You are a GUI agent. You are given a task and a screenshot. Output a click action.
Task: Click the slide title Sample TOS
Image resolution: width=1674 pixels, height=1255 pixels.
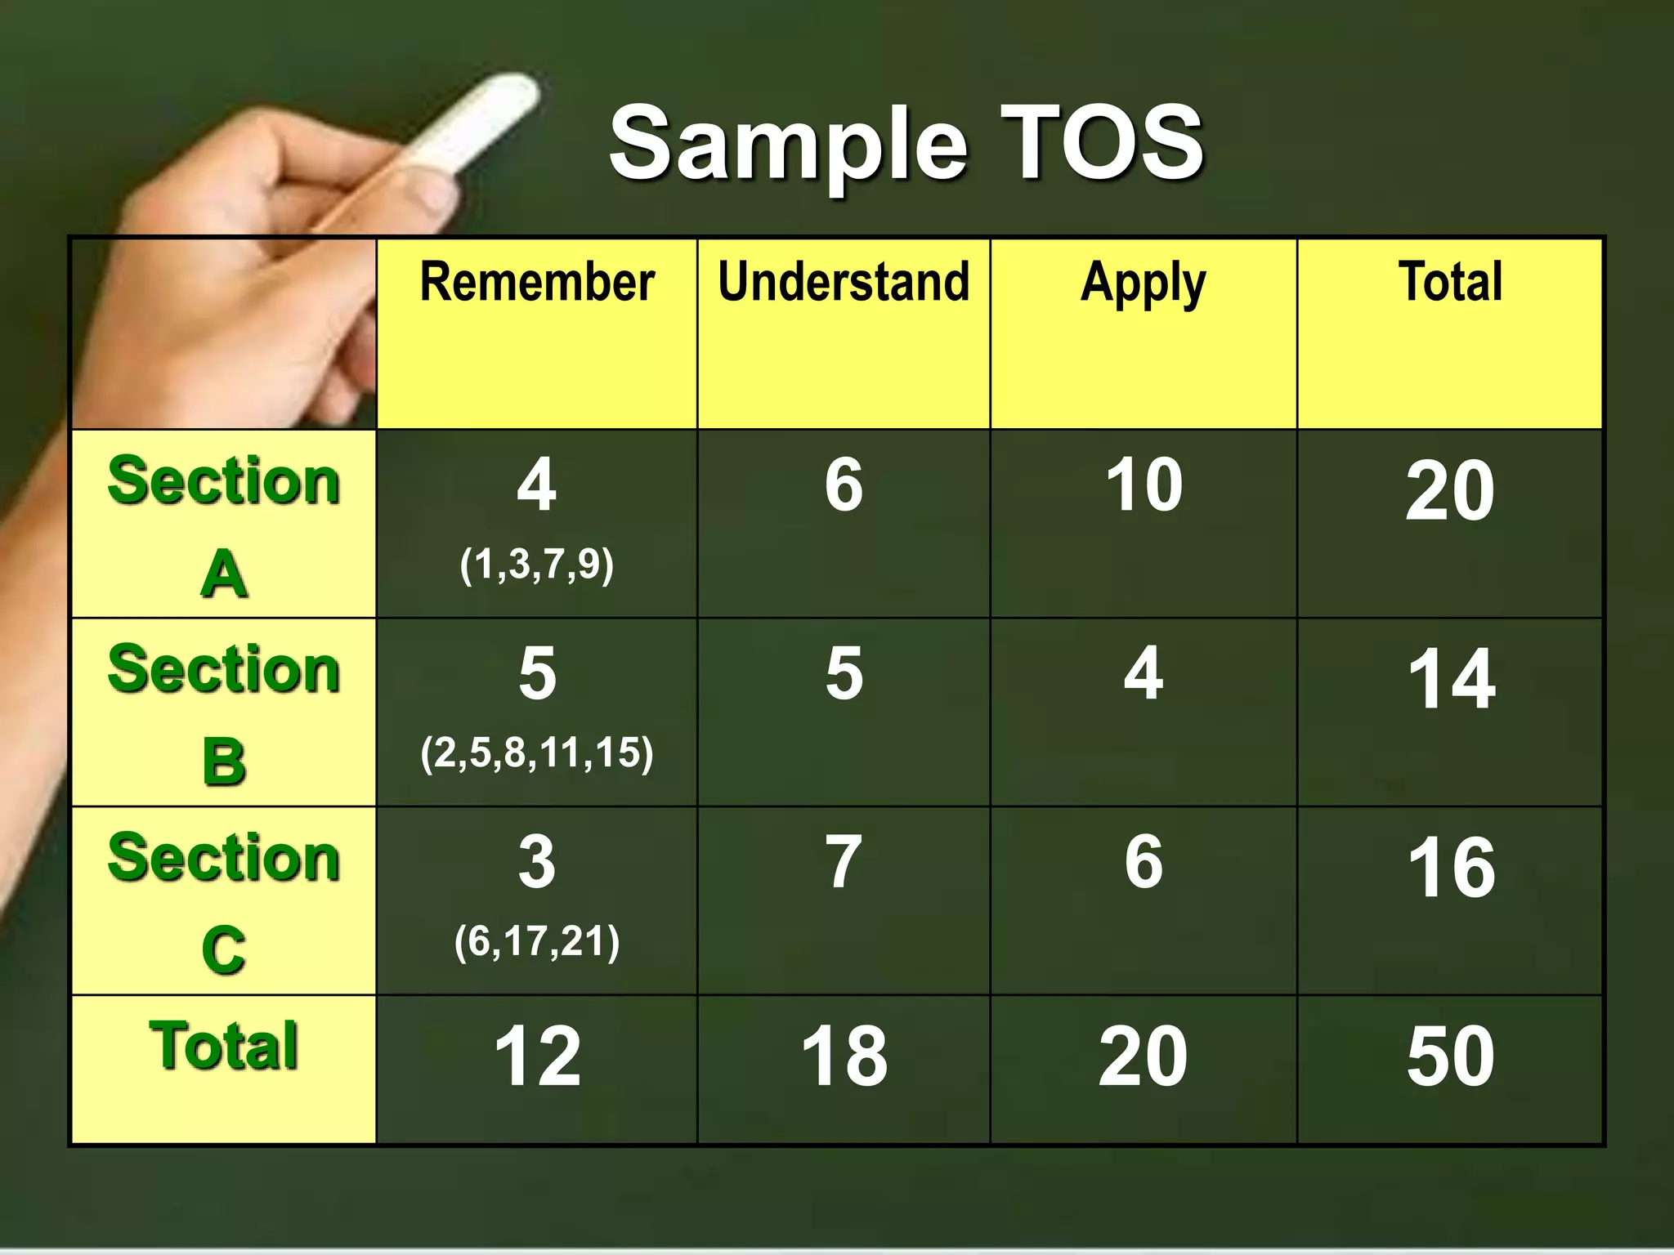point(906,144)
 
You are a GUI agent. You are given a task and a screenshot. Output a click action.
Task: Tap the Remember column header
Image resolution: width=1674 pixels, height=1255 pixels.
point(537,283)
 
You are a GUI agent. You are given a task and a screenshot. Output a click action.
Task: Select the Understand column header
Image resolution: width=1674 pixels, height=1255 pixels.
point(844,283)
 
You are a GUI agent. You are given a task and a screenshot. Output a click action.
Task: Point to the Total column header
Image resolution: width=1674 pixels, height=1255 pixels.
point(1450,283)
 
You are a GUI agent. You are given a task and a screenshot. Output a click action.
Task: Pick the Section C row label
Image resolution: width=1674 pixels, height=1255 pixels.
point(223,902)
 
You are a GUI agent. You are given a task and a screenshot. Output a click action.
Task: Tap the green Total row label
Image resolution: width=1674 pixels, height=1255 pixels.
point(223,1046)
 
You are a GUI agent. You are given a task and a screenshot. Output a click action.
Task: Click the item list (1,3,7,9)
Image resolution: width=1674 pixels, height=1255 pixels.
point(536,565)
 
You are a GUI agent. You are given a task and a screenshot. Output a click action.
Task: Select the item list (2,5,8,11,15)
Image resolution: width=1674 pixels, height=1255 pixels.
point(536,753)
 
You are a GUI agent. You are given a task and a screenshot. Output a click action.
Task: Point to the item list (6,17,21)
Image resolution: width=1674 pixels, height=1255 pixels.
point(536,941)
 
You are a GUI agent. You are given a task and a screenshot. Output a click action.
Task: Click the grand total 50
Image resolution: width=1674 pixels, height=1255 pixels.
point(1450,1056)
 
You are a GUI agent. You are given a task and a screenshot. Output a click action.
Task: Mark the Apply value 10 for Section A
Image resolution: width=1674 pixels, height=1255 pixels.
point(1144,485)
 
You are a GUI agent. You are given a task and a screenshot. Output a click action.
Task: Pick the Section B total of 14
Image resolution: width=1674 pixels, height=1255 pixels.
point(1451,679)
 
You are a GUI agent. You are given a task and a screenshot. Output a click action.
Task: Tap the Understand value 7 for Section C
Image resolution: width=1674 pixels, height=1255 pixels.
point(844,863)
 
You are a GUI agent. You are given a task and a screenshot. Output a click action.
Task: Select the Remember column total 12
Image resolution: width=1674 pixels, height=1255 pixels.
point(537,1056)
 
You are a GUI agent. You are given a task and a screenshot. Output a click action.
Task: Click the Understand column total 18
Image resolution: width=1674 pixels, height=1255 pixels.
point(844,1056)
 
